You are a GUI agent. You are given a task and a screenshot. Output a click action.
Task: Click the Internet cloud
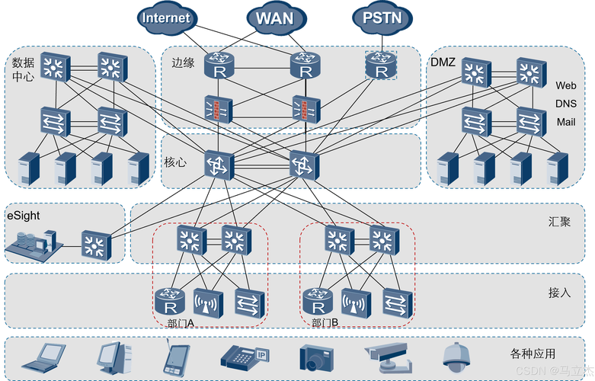coord(167,18)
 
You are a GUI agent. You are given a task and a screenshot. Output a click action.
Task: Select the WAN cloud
coord(274,18)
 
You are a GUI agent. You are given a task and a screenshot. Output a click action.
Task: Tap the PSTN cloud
coord(382,18)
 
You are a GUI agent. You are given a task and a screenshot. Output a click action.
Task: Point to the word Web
coord(565,86)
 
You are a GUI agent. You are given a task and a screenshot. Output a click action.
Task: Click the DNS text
coord(565,104)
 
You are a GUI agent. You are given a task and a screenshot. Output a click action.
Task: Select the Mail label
coord(565,122)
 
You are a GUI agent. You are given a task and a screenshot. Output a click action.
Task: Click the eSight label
coord(24,216)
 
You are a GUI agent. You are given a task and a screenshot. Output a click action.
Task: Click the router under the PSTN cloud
coord(381,67)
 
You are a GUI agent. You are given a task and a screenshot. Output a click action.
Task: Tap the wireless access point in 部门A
coord(206,303)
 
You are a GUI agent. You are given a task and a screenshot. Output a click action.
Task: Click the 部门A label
coord(181,323)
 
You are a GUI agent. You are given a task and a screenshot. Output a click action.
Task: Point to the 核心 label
coord(175,162)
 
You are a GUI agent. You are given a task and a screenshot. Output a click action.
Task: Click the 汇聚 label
coord(559,222)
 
